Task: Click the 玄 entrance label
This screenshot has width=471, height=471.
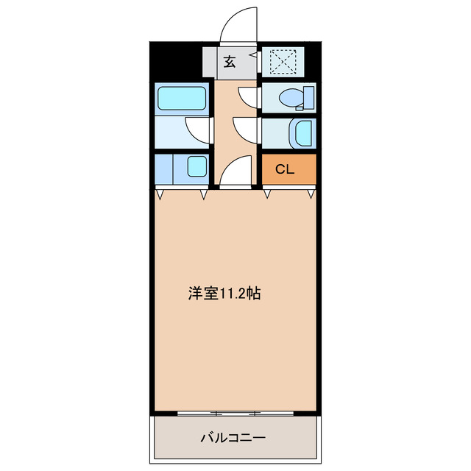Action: tap(230, 63)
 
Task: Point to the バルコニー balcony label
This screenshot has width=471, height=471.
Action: tap(233, 438)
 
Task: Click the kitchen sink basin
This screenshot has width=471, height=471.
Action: tap(196, 166)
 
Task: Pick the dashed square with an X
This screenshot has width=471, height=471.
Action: tap(280, 61)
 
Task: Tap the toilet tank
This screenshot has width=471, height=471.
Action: tap(309, 96)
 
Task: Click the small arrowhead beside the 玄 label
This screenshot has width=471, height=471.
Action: tap(252, 54)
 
